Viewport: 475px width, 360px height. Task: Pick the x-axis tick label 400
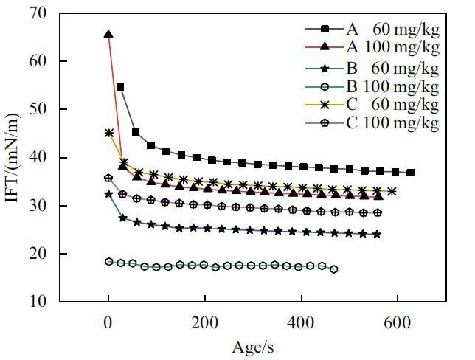click(x=300, y=322)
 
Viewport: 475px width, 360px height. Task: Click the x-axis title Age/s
click(x=252, y=345)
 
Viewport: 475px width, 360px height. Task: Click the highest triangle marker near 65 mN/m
click(x=108, y=34)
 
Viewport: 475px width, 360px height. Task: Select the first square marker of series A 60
click(x=120, y=87)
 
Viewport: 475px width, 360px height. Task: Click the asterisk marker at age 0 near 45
click(x=109, y=134)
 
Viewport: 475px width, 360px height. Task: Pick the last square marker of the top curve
click(x=411, y=173)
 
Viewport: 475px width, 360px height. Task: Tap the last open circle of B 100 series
click(x=334, y=269)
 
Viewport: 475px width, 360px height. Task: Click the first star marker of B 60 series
click(x=109, y=194)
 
